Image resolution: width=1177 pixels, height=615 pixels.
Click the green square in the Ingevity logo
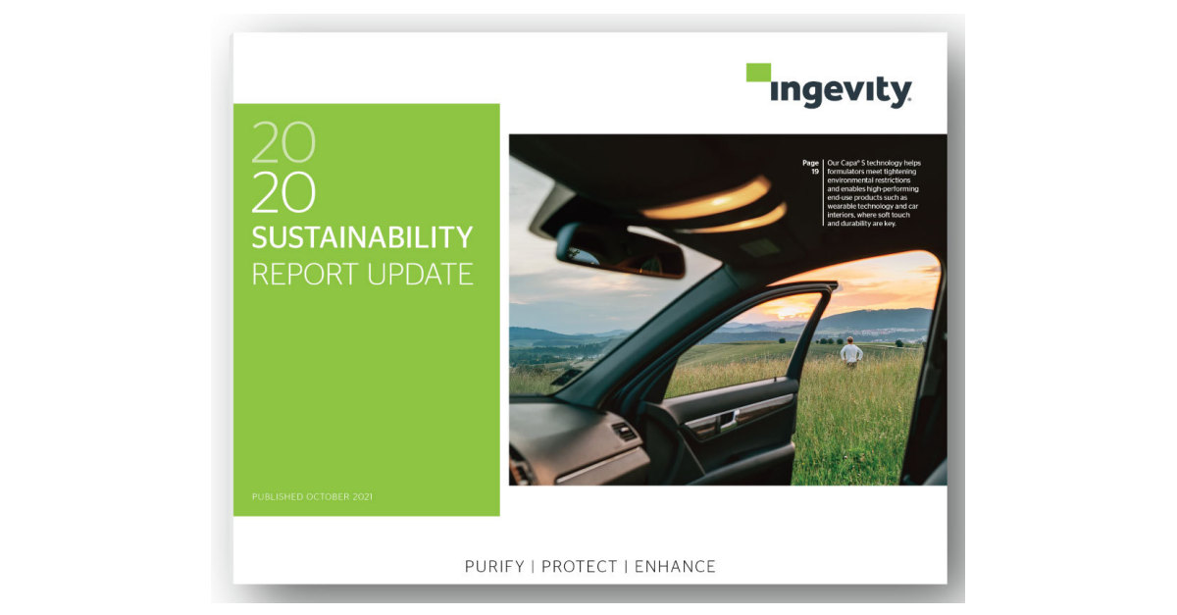click(x=758, y=72)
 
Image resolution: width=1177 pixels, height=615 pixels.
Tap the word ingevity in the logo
click(x=841, y=92)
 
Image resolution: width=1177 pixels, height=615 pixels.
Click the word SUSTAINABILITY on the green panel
click(x=362, y=237)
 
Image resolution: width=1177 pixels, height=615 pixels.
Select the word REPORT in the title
click(x=304, y=274)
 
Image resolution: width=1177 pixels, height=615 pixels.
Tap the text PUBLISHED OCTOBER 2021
click(x=312, y=497)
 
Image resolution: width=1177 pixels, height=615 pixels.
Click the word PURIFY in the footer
click(x=496, y=566)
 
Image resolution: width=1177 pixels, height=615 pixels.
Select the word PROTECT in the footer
click(x=580, y=566)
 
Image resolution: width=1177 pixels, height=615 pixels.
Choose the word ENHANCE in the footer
click(x=675, y=566)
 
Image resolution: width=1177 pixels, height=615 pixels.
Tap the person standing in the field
click(x=851, y=351)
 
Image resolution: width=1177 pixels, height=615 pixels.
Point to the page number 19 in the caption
click(x=814, y=172)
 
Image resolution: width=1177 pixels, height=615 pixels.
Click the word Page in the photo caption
click(x=810, y=162)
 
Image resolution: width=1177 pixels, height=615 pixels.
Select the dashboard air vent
click(x=625, y=431)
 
